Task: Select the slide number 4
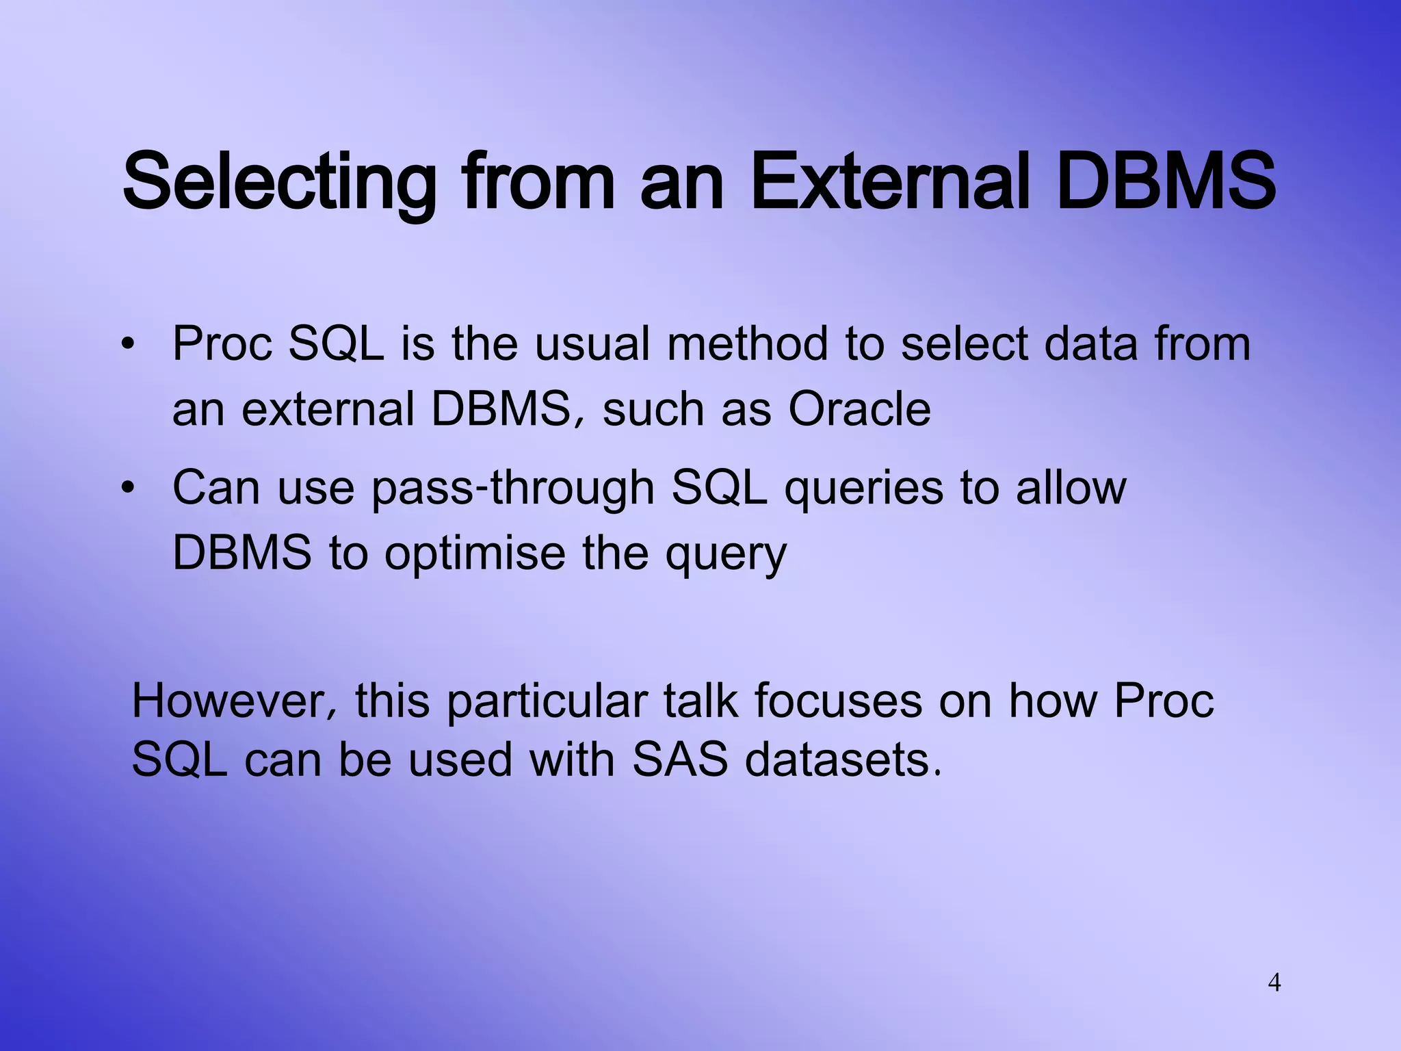coord(1274,983)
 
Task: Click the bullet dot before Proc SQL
coord(127,344)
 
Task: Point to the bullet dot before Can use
coord(127,489)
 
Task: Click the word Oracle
coord(859,410)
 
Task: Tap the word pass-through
coord(512,489)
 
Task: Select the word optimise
coord(475,553)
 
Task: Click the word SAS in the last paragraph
coord(679,760)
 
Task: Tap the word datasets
coord(843,760)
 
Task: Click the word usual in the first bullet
coord(592,344)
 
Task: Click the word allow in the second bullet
coord(1070,489)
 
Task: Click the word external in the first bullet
coord(328,410)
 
